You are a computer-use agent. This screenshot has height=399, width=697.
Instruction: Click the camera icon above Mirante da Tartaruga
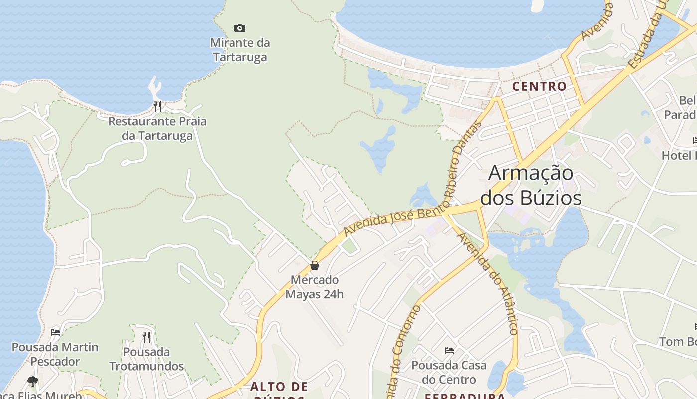coord(240,28)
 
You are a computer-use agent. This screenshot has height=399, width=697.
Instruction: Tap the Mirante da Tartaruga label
coord(240,50)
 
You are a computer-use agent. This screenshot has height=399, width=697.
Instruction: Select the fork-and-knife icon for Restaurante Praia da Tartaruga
coord(157,106)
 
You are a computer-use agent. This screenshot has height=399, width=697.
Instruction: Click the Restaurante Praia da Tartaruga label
coord(157,128)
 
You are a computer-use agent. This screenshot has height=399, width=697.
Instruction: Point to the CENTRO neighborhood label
coord(540,86)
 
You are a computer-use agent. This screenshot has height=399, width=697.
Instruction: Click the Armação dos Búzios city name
coord(531,185)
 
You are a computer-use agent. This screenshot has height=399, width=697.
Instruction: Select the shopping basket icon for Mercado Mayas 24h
coord(315,265)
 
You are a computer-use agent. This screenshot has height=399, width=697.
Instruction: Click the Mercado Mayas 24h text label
coord(315,287)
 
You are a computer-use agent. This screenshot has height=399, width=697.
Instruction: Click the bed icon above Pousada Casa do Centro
coord(449,351)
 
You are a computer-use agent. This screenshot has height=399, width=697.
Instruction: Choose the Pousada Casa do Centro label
coord(449,372)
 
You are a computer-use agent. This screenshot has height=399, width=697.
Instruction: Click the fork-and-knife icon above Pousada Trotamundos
coord(146,337)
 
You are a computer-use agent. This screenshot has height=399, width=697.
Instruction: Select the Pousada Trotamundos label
coord(146,359)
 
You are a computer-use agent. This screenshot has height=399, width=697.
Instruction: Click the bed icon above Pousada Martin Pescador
coord(55,332)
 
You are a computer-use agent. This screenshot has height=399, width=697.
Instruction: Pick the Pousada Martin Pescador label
coord(55,354)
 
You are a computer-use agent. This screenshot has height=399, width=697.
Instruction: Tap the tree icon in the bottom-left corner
coord(33,382)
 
